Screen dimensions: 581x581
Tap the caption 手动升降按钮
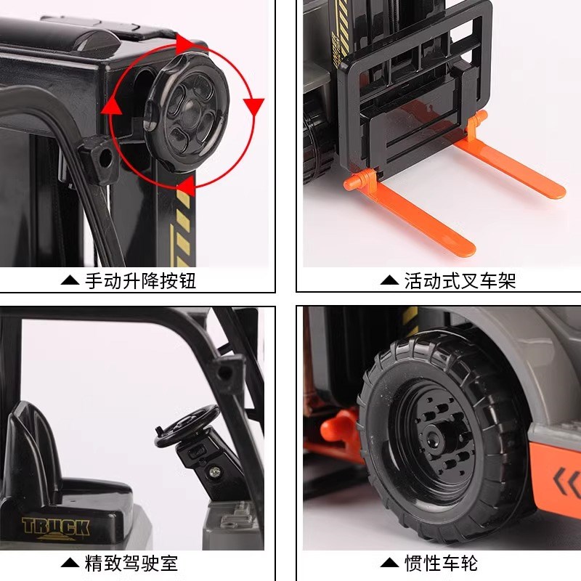(x=141, y=280)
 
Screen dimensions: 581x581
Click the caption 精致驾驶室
(x=131, y=563)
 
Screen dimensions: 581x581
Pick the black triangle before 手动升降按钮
(x=70, y=280)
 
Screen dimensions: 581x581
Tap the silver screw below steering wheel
(x=214, y=474)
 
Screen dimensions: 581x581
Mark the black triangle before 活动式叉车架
(x=390, y=280)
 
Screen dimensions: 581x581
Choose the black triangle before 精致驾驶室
(x=70, y=563)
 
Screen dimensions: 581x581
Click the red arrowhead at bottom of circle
(x=185, y=182)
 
